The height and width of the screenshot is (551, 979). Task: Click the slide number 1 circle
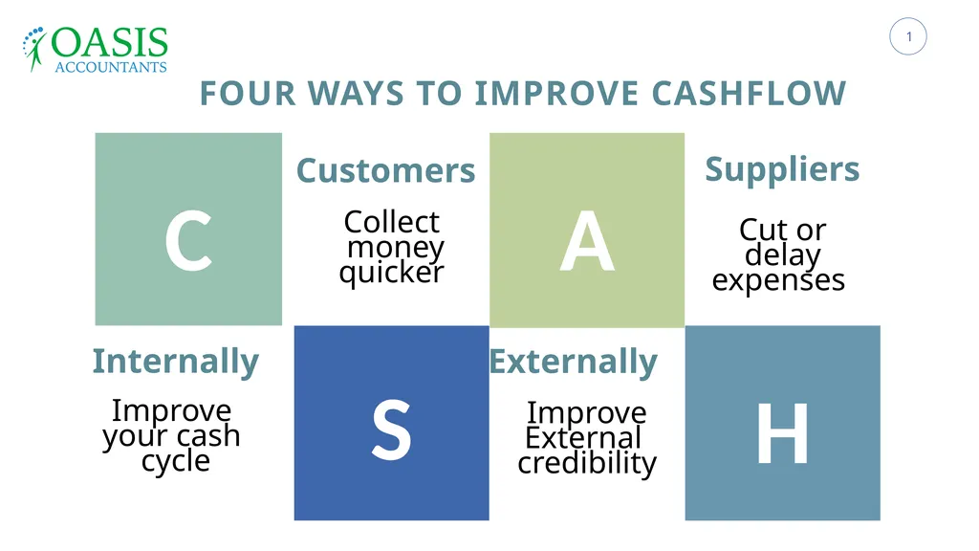pos(908,37)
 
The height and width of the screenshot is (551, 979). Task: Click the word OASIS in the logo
pos(110,43)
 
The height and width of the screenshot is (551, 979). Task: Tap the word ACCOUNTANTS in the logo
pos(110,67)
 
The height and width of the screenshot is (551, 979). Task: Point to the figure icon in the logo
pos(35,50)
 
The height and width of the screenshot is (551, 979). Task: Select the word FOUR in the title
pos(244,94)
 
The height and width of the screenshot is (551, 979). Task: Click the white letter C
pos(187,242)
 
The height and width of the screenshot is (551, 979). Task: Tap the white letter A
pos(586,242)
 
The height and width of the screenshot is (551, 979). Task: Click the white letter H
pos(782,433)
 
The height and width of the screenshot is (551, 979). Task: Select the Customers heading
pos(385,170)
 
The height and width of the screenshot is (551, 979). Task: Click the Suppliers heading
pos(782,168)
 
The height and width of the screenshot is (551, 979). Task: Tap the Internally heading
pos(175,362)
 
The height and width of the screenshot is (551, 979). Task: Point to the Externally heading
pos(573,362)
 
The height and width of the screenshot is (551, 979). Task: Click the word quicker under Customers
pos(391,273)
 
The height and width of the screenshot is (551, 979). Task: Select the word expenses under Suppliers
pos(778,280)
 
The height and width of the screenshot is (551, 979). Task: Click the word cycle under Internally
pos(175,461)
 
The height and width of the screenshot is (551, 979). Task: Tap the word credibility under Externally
pos(586,463)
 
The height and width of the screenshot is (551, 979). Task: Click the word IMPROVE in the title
pos(556,94)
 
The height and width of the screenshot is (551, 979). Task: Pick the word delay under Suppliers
pos(782,255)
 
